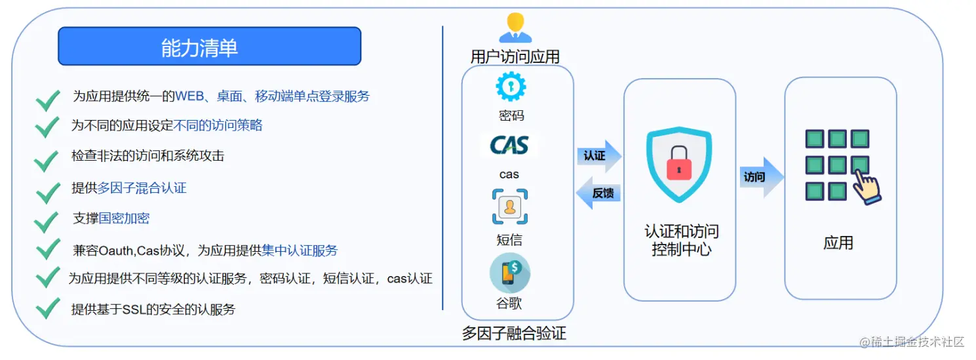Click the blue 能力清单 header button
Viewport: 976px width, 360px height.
coord(209,47)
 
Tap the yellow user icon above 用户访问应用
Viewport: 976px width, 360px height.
coord(515,28)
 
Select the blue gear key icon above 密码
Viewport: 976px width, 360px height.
coord(511,86)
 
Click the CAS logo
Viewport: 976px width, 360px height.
coord(509,145)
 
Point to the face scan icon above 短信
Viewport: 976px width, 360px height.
coord(510,207)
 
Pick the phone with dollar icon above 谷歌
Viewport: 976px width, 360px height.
coord(509,273)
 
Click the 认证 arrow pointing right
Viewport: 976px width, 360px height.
coord(598,156)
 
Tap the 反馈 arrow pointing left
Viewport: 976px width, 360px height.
coord(598,193)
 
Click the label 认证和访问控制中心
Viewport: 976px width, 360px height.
coord(681,240)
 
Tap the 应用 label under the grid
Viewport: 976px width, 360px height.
coord(838,243)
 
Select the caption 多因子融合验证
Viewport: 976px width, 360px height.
coord(514,334)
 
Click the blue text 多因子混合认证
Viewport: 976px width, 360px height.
coord(142,188)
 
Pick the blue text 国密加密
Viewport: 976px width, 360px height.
coord(125,218)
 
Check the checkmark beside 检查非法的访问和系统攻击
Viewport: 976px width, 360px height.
coord(47,159)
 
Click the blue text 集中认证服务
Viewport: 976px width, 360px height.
coord(300,250)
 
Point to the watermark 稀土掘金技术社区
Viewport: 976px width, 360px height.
coord(912,342)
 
